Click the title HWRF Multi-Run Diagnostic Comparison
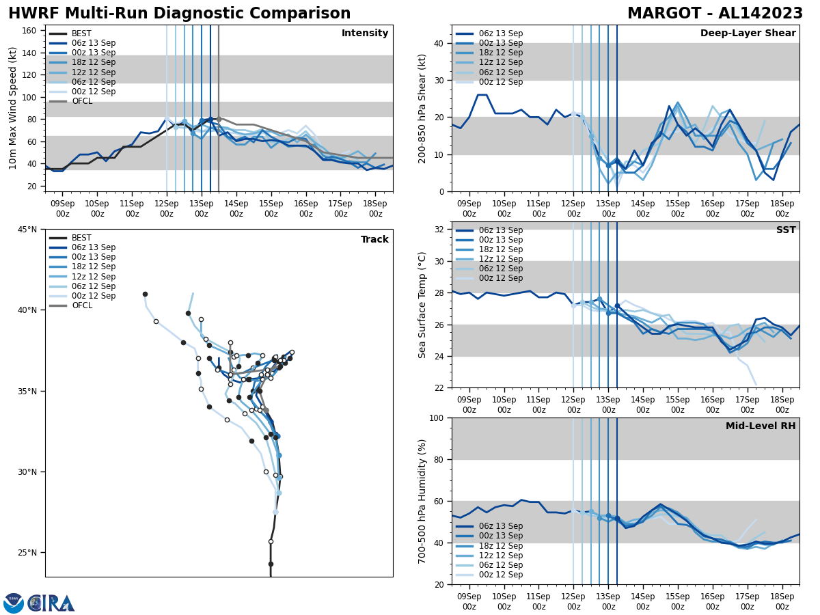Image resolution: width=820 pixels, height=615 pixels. pos(179,14)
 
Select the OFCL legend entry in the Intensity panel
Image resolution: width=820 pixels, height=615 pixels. pos(81,101)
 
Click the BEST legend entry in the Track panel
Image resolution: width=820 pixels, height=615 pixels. pos(81,238)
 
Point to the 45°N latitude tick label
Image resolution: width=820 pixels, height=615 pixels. pos(26,230)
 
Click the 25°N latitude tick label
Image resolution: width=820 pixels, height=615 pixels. pos(26,552)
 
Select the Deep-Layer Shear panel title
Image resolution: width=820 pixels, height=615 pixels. pos(748,33)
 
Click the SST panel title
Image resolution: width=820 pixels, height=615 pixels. pos(785,230)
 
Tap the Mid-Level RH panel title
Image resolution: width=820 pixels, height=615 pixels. pos(760,426)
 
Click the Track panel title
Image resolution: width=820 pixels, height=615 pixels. pos(374,240)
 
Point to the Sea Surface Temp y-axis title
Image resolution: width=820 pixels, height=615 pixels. pos(423,305)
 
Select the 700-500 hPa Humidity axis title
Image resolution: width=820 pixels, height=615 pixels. pos(423,501)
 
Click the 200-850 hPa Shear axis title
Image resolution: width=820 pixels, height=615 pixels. pos(423,108)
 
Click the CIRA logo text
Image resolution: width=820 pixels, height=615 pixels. pos(52,603)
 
